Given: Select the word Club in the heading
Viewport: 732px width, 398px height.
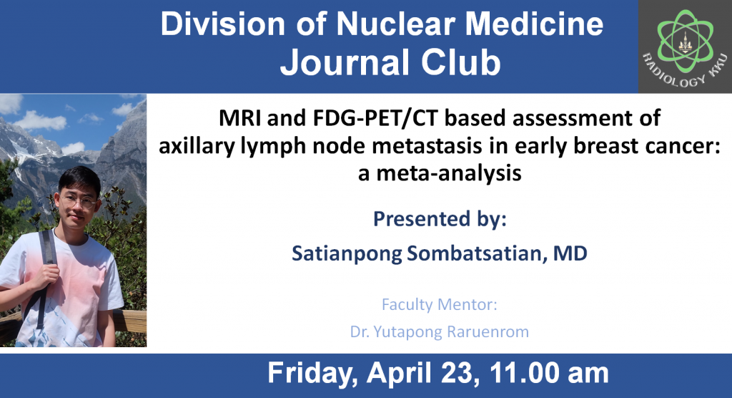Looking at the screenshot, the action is click(460, 62).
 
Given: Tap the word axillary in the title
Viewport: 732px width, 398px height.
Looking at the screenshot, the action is click(197, 146).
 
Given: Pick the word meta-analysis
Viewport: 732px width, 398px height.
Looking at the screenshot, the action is click(449, 173).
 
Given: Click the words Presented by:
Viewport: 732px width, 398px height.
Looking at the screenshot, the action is click(440, 219).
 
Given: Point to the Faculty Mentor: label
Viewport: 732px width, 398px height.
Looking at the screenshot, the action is click(440, 304).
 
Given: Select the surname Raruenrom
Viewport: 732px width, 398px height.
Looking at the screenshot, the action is click(488, 331).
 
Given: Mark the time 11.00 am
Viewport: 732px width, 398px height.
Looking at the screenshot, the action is click(549, 373).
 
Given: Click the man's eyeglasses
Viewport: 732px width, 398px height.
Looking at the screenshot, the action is click(79, 201).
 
